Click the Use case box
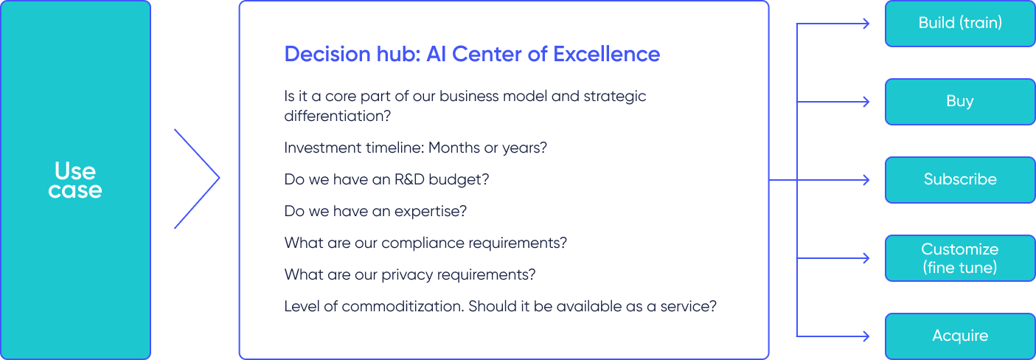[75, 180]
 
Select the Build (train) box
[960, 23]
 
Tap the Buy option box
[960, 101]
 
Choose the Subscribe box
[960, 179]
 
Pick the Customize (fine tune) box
[960, 257]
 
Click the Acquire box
[960, 336]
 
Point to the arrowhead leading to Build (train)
[866, 24]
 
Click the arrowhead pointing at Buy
[866, 102]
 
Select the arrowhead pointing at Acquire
[866, 336]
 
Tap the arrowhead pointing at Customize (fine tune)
[866, 258]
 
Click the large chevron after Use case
[219, 178]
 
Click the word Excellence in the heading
[607, 54]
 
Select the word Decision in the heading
[327, 54]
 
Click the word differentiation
[338, 116]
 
